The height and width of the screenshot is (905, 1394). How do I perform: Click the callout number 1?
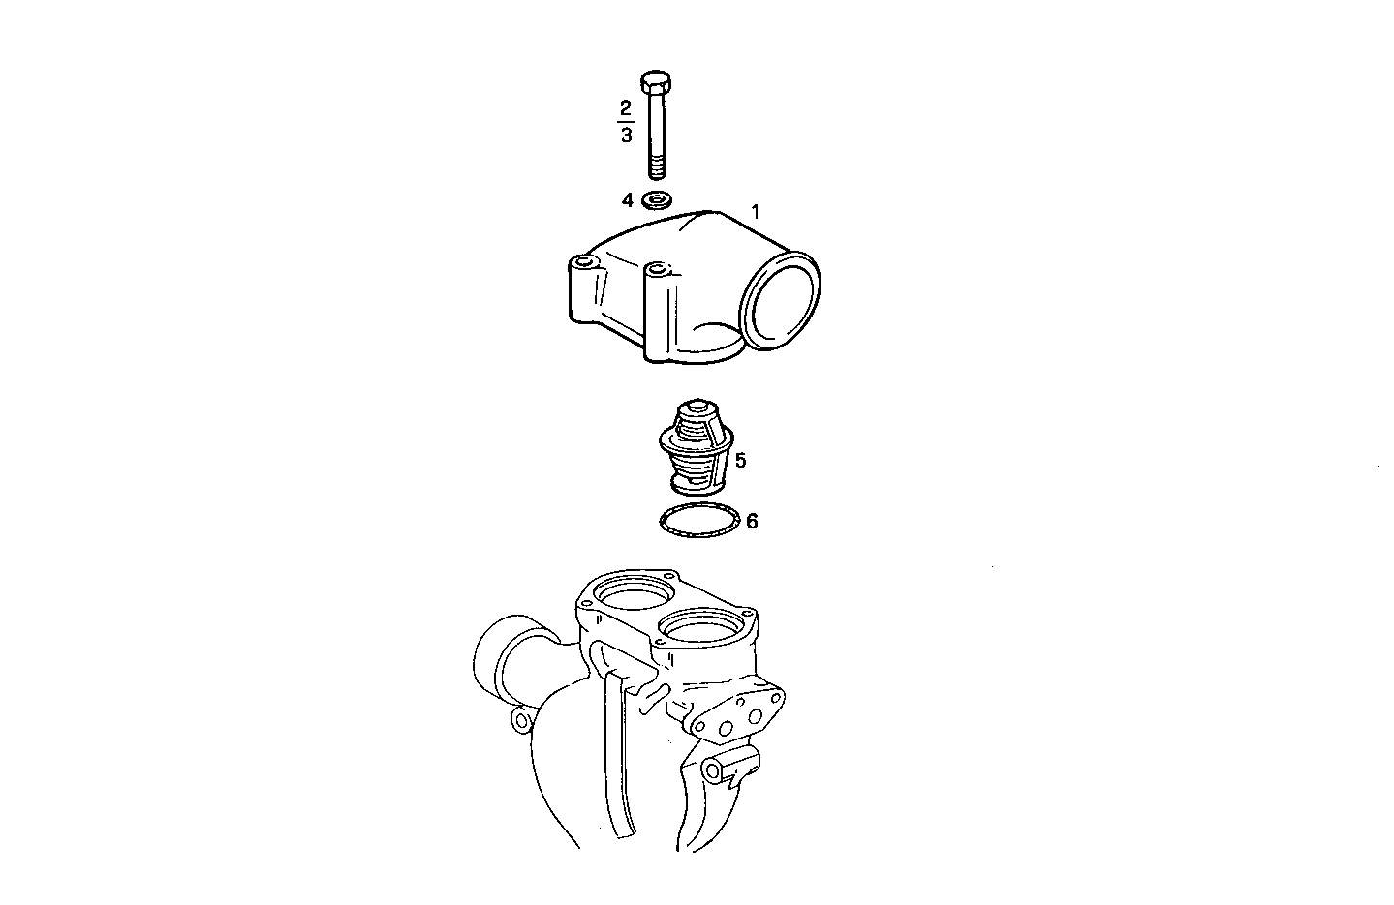point(756,210)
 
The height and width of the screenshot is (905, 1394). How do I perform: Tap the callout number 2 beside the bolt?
point(626,106)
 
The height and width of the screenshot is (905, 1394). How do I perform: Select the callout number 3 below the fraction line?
point(626,135)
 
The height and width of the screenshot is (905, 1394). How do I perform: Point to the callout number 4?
point(628,200)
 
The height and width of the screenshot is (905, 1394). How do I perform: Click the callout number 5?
point(741,461)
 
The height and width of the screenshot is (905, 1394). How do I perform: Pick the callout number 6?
point(752,522)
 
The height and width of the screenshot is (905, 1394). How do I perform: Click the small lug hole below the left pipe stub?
point(521,719)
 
